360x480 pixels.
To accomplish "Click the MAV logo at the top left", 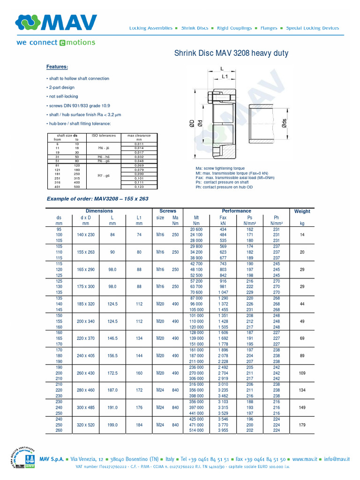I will pos(56,23).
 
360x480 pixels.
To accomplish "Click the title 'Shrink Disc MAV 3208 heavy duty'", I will pos(231,53).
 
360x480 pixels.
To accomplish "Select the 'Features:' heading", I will pos(57,67).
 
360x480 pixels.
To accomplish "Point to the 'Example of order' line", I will pos(97,199).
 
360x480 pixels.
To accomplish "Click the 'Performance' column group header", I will pos(237,211).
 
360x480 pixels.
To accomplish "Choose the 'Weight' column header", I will pos(302,211).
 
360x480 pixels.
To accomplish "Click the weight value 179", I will pos(302,425).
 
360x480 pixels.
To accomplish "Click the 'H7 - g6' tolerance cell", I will pos(103,176).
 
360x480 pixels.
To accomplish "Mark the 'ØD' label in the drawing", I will pos(192,124).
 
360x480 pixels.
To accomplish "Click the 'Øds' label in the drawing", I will pos(284,124).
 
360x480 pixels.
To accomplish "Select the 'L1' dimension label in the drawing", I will pos(225,76).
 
